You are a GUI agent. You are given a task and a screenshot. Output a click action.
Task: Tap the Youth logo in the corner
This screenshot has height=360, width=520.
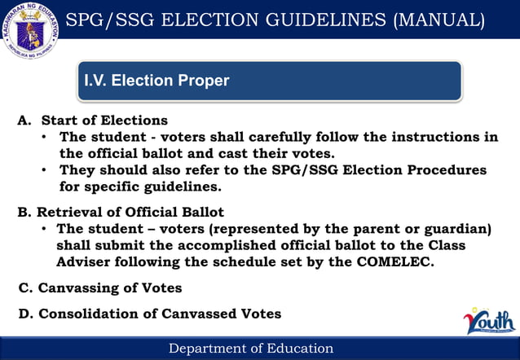pyautogui.click(x=490, y=321)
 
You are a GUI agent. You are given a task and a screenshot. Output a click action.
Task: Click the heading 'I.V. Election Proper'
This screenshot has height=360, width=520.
pyautogui.click(x=157, y=81)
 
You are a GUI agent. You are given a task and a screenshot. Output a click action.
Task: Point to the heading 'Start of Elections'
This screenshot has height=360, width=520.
pyautogui.click(x=104, y=121)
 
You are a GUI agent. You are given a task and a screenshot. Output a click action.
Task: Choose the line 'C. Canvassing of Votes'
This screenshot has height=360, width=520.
pyautogui.click(x=99, y=288)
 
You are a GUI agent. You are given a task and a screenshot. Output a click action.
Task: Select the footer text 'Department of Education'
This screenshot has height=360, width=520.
pyautogui.click(x=250, y=349)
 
